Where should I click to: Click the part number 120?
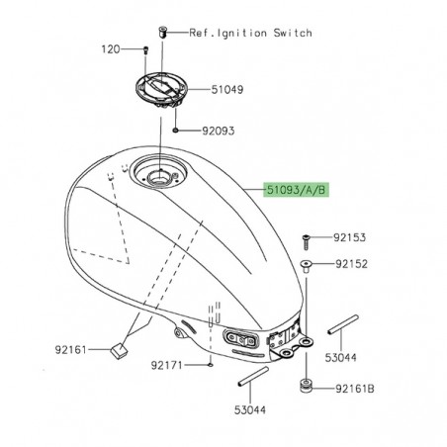point(111,48)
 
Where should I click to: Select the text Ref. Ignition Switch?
point(251,33)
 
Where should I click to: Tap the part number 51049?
point(225,89)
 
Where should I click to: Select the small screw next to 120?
point(145,49)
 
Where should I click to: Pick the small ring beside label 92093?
point(174,129)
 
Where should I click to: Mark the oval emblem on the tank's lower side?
point(243,338)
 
